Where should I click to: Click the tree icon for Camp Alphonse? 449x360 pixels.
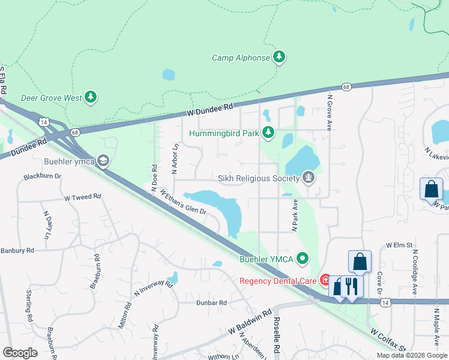click(279, 57)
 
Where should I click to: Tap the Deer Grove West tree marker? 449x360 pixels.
click(91, 97)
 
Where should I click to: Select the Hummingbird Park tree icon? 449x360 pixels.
click(268, 133)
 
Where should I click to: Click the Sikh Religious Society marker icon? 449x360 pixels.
click(309, 177)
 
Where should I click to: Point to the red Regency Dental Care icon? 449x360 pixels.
click(325, 280)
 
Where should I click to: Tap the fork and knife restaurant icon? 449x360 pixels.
click(352, 286)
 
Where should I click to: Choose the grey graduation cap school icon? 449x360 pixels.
click(103, 160)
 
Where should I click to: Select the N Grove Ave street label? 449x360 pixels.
click(329, 112)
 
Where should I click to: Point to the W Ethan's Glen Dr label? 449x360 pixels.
click(183, 202)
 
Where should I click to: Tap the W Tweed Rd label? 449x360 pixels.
click(83, 197)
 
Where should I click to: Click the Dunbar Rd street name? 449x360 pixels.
click(211, 303)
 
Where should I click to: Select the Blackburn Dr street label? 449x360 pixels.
click(43, 177)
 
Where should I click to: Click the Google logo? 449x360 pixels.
click(20, 353)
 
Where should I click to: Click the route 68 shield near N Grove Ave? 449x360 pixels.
click(346, 86)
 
